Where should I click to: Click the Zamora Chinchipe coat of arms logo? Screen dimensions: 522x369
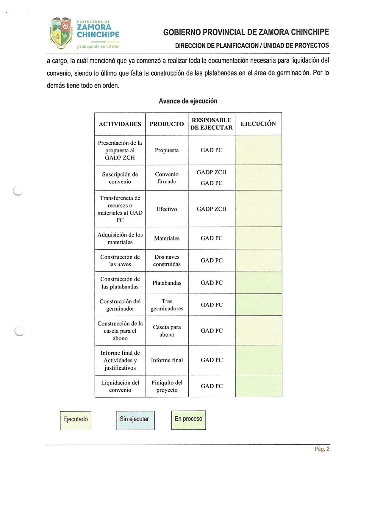coord(61,33)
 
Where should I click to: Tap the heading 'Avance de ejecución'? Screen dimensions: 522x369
coord(188,101)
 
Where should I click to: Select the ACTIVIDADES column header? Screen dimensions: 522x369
coord(120,124)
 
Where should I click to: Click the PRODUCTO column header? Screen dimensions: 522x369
coord(167,124)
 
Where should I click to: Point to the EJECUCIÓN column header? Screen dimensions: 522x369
coord(258,124)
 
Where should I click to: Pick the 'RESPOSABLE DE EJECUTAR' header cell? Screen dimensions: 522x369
coord(212,124)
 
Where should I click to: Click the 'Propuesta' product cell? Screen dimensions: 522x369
coord(167,150)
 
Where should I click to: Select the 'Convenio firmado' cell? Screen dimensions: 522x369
coord(167,178)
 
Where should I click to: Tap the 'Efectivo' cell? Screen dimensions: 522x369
coord(167,209)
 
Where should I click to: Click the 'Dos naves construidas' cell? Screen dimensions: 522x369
coord(167,260)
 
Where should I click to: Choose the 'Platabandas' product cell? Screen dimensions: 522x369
coord(167,283)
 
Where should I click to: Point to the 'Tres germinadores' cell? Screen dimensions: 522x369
coord(167,305)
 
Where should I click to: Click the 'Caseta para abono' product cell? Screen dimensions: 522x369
coord(167,331)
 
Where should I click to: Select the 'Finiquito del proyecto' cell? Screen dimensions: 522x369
coord(167,386)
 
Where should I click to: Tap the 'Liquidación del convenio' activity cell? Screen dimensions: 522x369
coord(120,386)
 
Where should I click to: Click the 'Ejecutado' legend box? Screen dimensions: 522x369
coord(76,421)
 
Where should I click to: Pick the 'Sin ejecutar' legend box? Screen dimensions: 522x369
coord(135,420)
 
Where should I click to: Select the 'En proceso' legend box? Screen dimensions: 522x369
coord(188,420)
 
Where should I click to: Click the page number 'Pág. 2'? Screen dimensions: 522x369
coord(322,449)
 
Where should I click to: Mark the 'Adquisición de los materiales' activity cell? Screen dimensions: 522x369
coord(120,238)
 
